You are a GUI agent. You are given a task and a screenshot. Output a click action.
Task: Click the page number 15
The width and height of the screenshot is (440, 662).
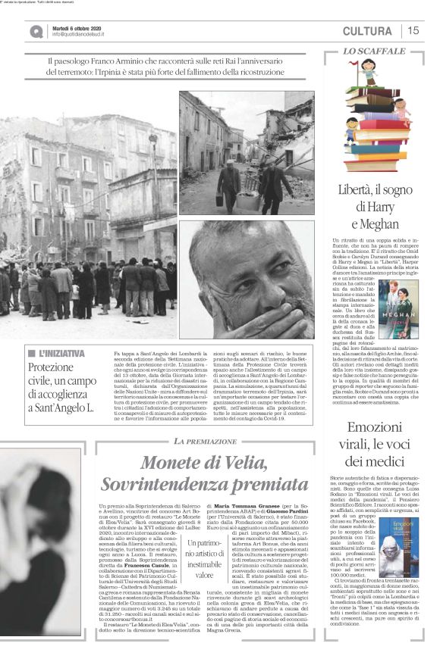[x=413, y=31]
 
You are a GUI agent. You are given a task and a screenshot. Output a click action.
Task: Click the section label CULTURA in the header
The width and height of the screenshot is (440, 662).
[x=367, y=31]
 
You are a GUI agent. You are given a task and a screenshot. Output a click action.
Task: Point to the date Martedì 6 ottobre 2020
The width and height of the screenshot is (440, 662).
[x=79, y=27]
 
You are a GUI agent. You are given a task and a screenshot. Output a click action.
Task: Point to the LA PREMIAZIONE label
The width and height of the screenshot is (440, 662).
[x=200, y=441]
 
